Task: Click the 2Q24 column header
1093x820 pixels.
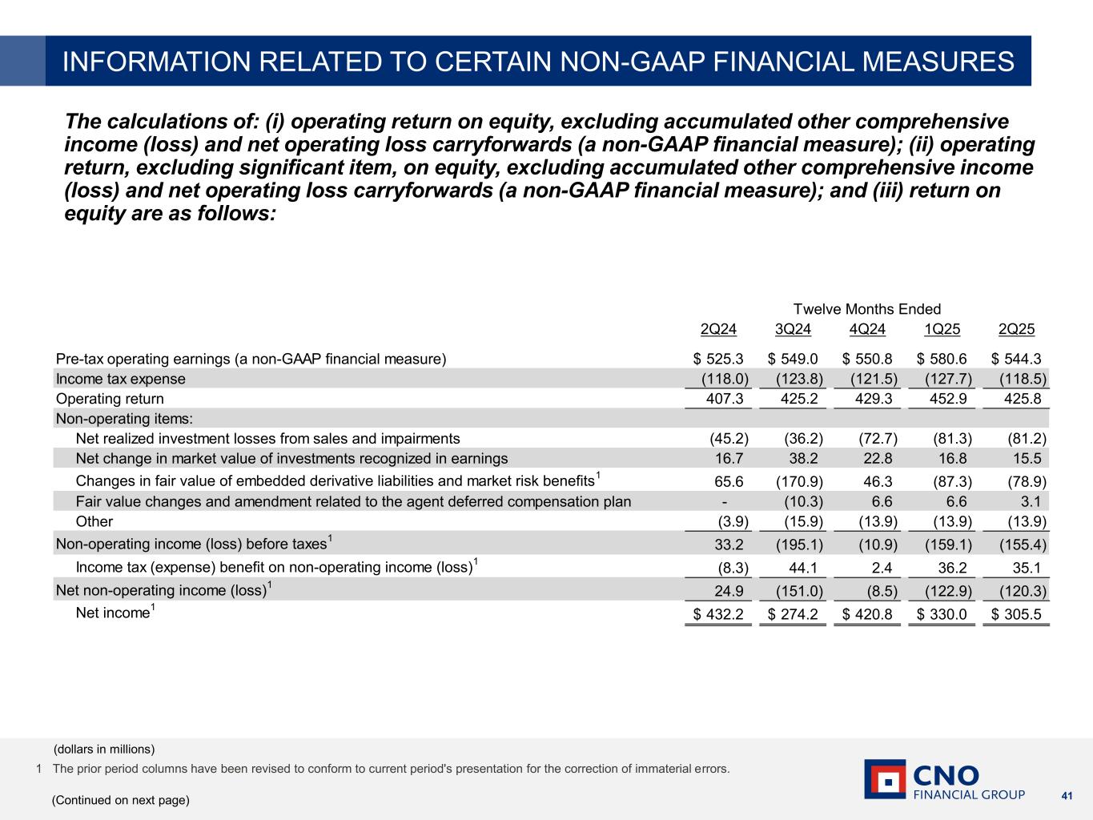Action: pos(718,329)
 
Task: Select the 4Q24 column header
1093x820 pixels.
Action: pos(867,329)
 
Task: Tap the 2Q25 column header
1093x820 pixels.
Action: pos(1017,329)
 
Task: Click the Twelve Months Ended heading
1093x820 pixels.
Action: pos(866,309)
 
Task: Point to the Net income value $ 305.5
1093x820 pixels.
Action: pos(1016,615)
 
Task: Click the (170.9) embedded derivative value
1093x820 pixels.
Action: pos(800,482)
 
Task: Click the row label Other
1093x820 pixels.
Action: pos(94,521)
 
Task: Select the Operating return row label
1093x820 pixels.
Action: pos(110,399)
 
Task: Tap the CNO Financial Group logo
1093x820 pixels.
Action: pos(944,779)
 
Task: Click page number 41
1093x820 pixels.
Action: pos(1066,795)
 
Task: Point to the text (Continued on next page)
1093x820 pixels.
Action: pos(121,800)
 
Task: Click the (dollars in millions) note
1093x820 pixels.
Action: pos(104,750)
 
